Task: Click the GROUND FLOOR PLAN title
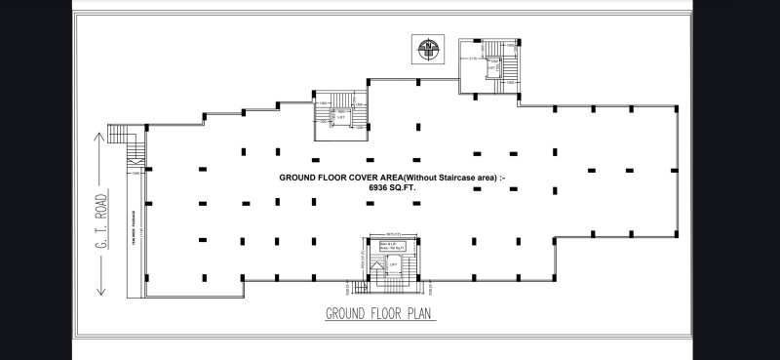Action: point(380,313)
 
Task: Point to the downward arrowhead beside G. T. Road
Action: point(100,290)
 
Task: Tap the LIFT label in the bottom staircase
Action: point(395,264)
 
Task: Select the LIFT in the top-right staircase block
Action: point(494,72)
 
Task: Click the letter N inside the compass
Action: point(426,46)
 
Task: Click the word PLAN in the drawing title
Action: point(420,313)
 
